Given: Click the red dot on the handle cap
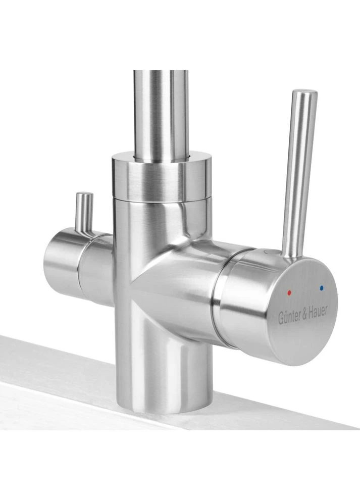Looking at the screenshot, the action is click(289, 292).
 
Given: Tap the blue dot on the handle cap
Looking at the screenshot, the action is click(321, 288).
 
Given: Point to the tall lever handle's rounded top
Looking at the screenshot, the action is click(305, 92).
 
